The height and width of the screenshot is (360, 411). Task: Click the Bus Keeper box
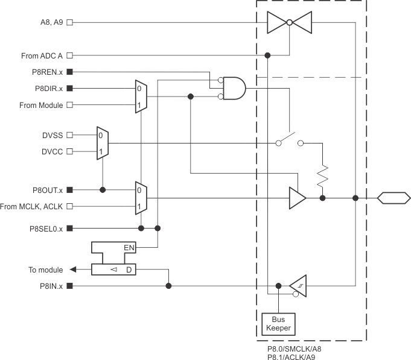pos(278,323)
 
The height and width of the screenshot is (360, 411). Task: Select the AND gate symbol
pos(234,88)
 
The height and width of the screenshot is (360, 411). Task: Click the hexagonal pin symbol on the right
pos(393,197)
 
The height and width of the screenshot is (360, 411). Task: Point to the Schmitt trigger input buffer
pos(297,285)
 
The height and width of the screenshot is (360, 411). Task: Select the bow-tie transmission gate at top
pos(290,23)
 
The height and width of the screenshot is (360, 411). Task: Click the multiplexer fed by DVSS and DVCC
pos(103,143)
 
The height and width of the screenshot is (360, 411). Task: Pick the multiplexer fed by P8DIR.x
pos(140,96)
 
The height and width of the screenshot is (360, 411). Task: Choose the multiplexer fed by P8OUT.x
pos(140,198)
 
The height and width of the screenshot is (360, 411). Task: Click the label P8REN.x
pos(46,72)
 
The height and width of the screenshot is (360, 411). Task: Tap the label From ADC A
pos(42,55)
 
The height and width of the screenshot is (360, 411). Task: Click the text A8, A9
pos(49,23)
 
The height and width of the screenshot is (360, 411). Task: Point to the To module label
pos(45,270)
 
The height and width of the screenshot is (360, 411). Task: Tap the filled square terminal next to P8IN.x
pos(70,286)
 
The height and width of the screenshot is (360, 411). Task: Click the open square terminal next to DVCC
pos(70,151)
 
